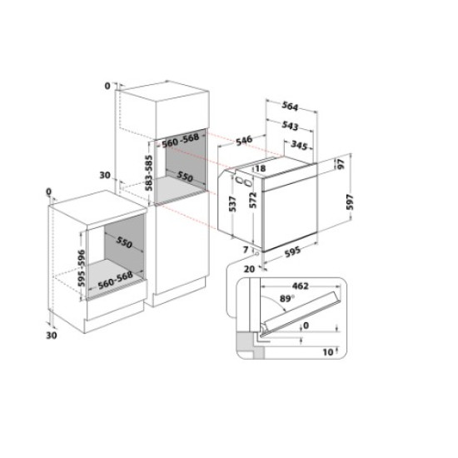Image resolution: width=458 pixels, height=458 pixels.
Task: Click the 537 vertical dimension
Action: [232, 202]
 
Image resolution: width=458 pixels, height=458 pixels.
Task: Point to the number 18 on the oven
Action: [261, 169]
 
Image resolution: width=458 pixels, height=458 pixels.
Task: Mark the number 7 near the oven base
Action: [246, 248]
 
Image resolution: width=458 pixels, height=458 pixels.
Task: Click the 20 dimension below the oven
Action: [248, 269]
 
